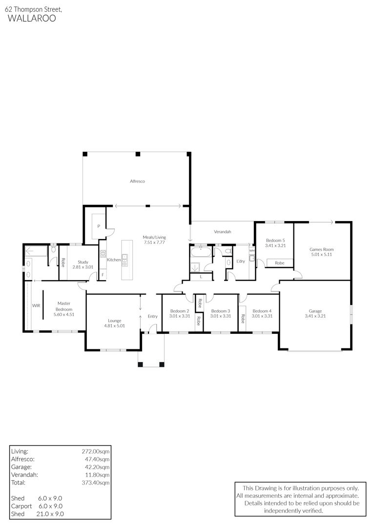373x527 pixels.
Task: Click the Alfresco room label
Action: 137,181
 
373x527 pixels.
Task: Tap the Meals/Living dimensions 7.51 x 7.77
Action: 154,243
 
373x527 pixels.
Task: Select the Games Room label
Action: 322,249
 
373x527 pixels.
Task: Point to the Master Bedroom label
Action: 64,306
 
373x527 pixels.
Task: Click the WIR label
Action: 36,305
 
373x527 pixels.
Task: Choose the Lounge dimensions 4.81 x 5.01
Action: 114,325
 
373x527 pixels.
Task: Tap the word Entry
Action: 153,316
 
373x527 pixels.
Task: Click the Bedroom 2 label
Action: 180,311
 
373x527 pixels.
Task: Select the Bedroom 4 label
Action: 262,311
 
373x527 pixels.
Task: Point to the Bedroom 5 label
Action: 275,240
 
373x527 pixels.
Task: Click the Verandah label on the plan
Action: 223,232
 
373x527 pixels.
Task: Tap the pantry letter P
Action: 99,226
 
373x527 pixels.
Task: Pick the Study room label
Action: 83,262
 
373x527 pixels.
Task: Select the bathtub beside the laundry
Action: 201,252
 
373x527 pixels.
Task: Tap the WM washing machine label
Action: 252,251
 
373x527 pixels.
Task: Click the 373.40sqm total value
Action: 96,483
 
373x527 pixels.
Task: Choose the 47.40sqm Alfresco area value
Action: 97,459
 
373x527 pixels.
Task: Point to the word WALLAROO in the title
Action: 32,18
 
